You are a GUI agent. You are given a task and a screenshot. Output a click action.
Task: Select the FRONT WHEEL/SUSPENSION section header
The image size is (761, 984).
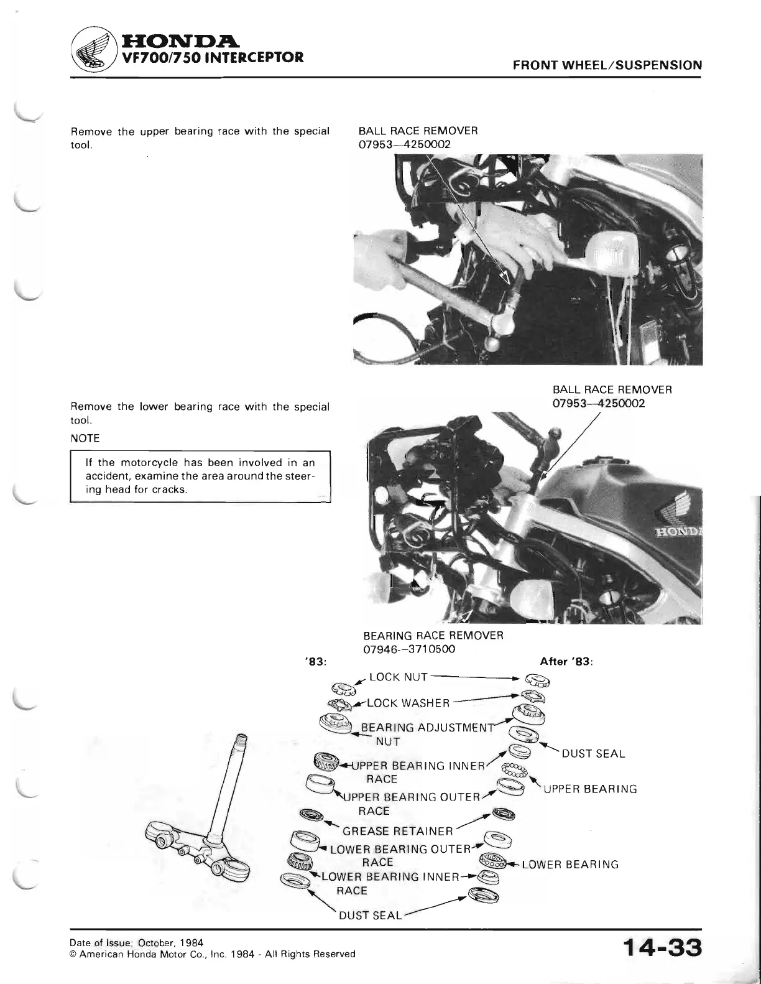tap(607, 65)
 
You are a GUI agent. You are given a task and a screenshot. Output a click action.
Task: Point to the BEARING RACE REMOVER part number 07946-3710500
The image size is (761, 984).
tap(409, 649)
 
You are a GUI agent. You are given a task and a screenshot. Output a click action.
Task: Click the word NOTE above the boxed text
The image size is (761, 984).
tap(86, 438)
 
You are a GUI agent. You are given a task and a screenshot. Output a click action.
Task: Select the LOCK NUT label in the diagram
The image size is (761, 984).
tap(397, 677)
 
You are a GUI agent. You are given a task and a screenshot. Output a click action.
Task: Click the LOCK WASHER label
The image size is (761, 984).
tap(408, 703)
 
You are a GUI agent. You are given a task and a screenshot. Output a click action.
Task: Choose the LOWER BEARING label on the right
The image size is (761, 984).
tap(570, 864)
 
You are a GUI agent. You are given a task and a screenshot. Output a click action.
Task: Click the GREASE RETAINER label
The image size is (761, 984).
tap(397, 831)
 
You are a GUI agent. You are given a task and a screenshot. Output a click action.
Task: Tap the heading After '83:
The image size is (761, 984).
tap(568, 661)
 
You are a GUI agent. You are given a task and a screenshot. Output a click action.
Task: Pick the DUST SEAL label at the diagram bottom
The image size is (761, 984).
tap(370, 916)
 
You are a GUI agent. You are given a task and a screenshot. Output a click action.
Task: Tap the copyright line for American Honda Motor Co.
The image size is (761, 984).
tap(213, 954)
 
